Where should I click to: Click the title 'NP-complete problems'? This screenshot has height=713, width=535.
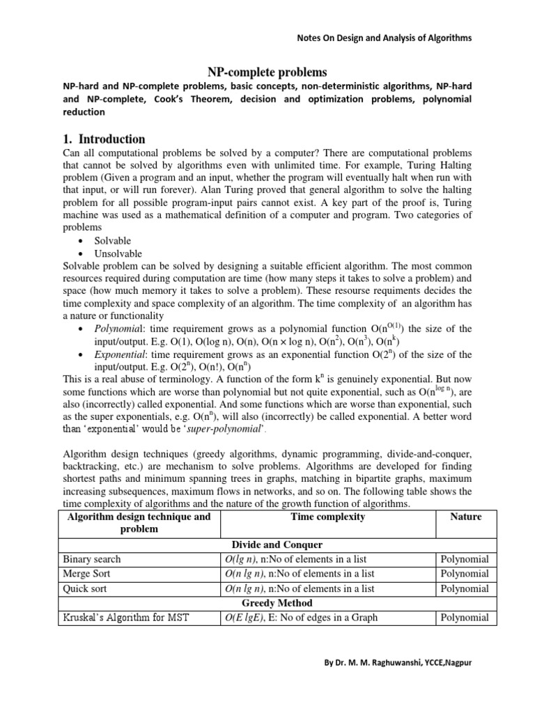click(267, 72)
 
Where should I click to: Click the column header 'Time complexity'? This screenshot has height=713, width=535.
click(326, 517)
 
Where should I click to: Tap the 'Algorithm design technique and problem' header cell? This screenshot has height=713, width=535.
click(137, 523)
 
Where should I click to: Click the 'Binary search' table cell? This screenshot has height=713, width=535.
click(91, 559)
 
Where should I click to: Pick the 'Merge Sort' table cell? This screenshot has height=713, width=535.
click(86, 574)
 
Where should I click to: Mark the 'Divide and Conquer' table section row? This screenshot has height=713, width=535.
click(277, 544)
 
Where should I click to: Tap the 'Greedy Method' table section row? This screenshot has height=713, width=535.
click(277, 603)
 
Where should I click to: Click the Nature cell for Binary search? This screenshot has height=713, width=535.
click(464, 559)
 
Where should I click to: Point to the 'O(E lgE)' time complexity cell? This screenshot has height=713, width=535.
click(327, 618)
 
